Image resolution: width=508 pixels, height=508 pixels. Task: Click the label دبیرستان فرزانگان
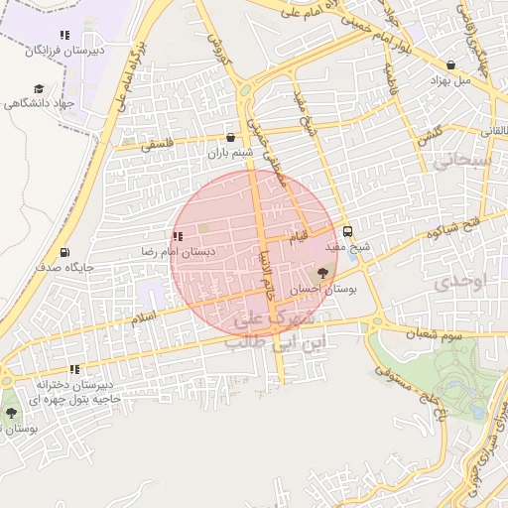(67, 49)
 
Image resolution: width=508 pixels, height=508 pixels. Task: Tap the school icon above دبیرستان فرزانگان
(64, 35)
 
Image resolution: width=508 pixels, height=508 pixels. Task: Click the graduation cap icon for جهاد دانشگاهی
(39, 88)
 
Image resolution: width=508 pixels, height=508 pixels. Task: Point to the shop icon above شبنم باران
(230, 138)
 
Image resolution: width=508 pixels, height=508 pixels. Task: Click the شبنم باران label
(230, 153)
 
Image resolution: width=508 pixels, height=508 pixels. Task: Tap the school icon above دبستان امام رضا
(178, 237)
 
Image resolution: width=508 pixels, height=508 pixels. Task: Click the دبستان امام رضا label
(177, 252)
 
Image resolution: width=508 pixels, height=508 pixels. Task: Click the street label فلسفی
(155, 143)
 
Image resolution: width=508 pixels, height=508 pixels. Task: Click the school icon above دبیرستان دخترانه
(75, 370)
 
